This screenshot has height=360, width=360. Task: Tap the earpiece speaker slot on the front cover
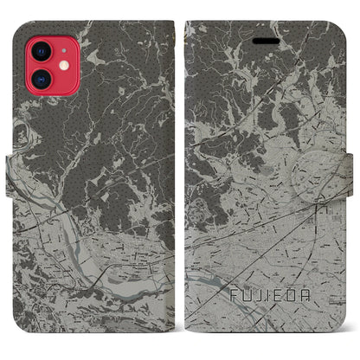[261, 41]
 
